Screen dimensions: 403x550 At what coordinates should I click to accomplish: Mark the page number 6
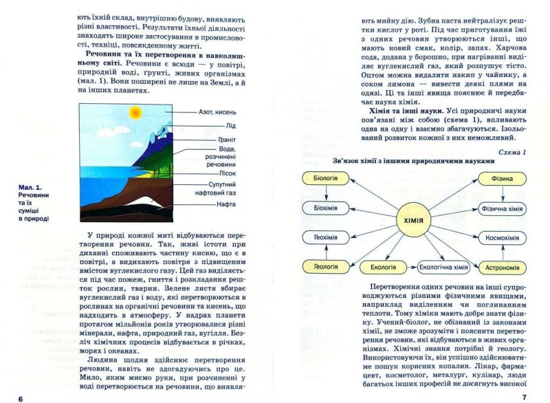(21, 398)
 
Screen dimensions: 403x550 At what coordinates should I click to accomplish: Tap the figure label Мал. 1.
(29, 187)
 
